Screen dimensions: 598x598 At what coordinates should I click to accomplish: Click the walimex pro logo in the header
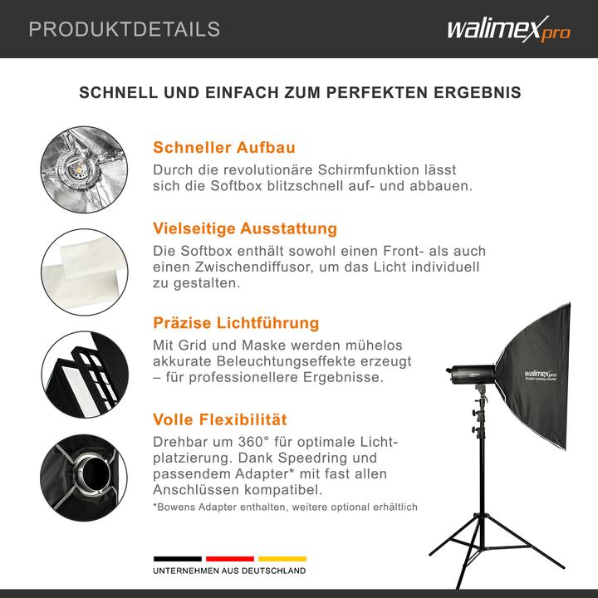tap(508, 31)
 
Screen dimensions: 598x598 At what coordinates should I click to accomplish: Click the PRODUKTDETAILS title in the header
tap(125, 30)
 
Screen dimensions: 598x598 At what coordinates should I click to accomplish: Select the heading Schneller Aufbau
tap(224, 148)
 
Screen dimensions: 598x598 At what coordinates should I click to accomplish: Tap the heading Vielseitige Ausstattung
tap(245, 228)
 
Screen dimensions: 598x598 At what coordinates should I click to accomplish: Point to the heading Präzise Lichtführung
tap(236, 323)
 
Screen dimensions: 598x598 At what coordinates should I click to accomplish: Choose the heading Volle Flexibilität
tap(220, 419)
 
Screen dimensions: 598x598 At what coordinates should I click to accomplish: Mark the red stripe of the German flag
tap(229, 559)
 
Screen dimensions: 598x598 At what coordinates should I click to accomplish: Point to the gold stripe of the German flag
tap(282, 559)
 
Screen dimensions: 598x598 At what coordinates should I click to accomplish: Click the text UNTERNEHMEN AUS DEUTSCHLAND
tap(228, 571)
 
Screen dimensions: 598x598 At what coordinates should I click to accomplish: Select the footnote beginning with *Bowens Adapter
tap(285, 507)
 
